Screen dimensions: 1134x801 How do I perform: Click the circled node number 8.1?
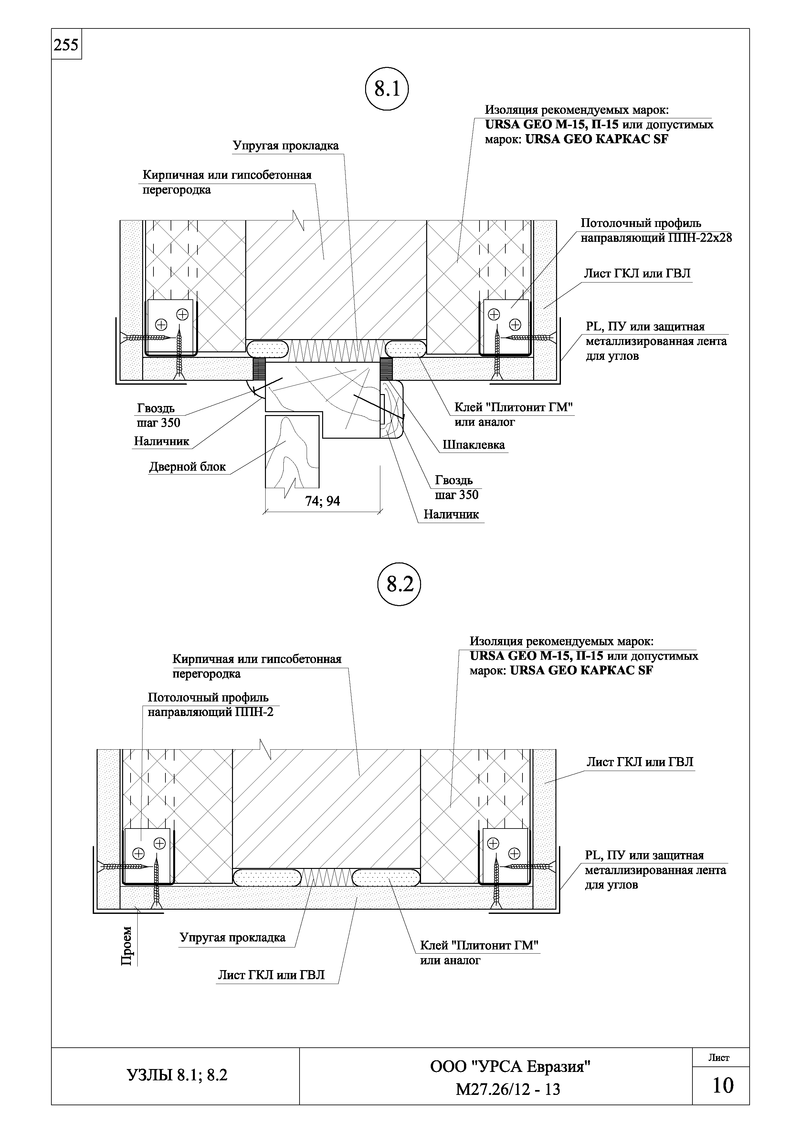coord(387,89)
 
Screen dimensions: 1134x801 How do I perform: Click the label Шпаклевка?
coord(473,445)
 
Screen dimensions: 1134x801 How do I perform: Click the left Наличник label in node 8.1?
coord(161,441)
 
